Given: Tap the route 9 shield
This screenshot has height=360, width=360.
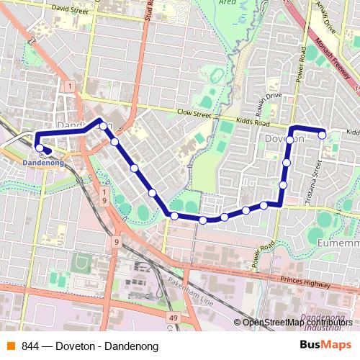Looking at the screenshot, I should [x=115, y=243].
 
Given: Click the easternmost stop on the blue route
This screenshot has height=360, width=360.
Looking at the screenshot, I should [x=323, y=134].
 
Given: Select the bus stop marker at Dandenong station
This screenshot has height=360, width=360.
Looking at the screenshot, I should [x=39, y=148].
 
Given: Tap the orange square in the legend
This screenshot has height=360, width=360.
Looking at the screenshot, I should [x=11, y=346].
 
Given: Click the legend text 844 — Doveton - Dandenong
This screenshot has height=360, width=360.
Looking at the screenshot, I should [x=90, y=346].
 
